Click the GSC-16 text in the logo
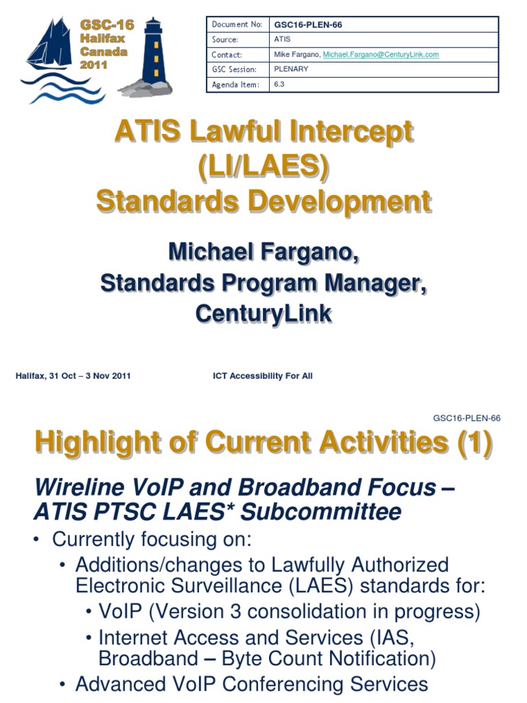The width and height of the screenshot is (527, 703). click(107, 25)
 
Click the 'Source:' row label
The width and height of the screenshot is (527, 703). click(225, 40)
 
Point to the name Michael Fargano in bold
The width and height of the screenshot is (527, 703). click(263, 252)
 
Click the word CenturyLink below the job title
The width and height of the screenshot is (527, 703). click(263, 313)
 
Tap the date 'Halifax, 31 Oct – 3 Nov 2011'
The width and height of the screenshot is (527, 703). click(73, 376)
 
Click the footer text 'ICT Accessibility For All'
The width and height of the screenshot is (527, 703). click(263, 376)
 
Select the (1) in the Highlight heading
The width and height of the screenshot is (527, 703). click(475, 443)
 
